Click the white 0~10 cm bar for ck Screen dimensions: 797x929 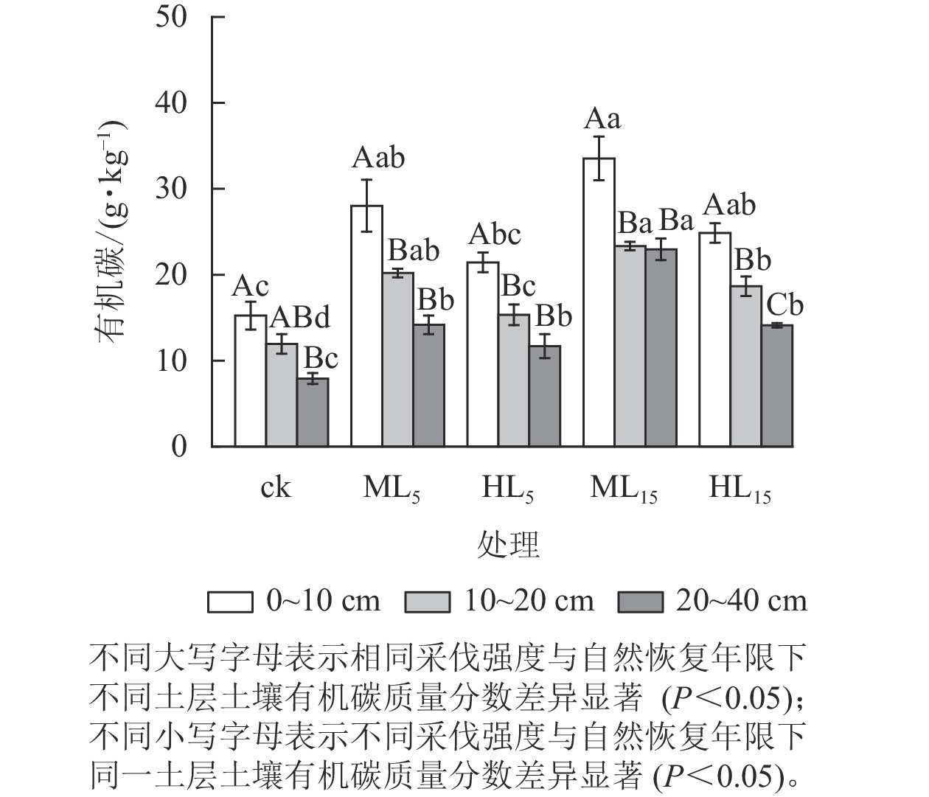tap(251, 380)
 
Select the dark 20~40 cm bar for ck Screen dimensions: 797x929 tap(313, 412)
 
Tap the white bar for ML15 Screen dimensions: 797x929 tap(599, 302)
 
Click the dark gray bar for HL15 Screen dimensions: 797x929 tap(777, 386)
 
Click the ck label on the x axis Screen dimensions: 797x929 tap(275, 488)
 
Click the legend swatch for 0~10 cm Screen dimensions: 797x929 tap(231, 602)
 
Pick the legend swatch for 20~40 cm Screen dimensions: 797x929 tap(640, 602)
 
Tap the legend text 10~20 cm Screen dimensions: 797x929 tap(529, 602)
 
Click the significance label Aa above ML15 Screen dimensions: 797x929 tap(602, 119)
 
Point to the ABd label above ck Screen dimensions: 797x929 tap(299, 318)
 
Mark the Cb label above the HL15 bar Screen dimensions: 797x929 tap(784, 305)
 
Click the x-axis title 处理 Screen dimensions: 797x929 tap(508, 545)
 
